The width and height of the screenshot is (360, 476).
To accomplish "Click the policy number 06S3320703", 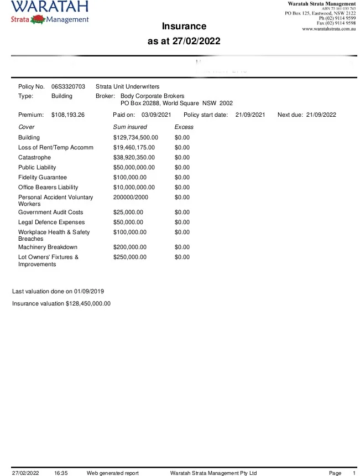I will point(68,86).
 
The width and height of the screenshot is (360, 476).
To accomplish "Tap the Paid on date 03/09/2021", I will point(156,115).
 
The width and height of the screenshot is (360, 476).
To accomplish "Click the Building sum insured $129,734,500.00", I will point(135,137).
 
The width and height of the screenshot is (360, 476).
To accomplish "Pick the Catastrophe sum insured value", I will point(134,157).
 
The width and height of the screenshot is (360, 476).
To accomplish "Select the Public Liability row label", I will point(37,167).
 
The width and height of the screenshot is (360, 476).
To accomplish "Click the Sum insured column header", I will point(130,127).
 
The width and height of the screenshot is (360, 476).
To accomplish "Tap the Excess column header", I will point(184,127).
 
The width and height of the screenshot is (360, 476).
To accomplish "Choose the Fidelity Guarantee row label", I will point(43,177).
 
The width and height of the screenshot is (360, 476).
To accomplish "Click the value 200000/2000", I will point(131,197).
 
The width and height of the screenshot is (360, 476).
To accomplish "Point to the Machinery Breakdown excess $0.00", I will point(182,247).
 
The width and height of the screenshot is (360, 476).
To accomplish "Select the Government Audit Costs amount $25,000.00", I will point(128,212).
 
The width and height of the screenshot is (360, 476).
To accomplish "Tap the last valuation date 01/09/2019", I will point(86,291).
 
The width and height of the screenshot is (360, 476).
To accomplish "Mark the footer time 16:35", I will point(61,473).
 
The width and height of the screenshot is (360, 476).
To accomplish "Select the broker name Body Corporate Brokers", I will point(153,96).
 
